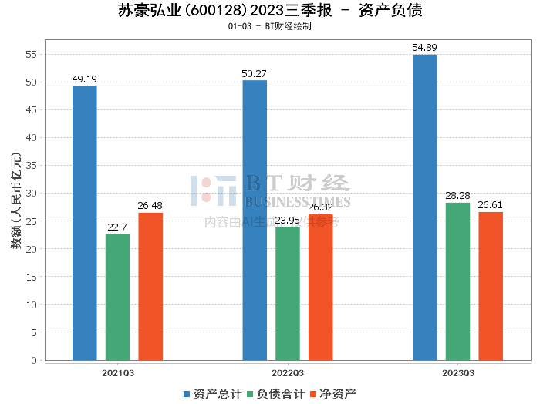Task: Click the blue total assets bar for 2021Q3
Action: [x=85, y=223]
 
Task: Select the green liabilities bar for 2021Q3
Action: [x=117, y=296]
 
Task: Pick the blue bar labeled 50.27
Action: [x=255, y=220]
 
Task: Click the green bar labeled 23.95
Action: [x=288, y=293]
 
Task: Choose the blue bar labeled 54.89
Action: [x=424, y=207]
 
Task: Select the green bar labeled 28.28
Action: [x=457, y=281]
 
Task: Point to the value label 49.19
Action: [x=85, y=79]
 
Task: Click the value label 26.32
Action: [x=320, y=207]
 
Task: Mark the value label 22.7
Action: [x=117, y=227]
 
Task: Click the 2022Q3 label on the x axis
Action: [x=288, y=372]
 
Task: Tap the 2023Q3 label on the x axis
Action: [x=457, y=372]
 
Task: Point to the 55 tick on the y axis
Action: [x=31, y=54]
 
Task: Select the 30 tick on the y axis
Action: [x=31, y=194]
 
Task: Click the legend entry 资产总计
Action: [x=212, y=394]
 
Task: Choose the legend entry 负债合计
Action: [x=275, y=394]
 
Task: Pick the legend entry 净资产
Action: [x=333, y=394]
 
